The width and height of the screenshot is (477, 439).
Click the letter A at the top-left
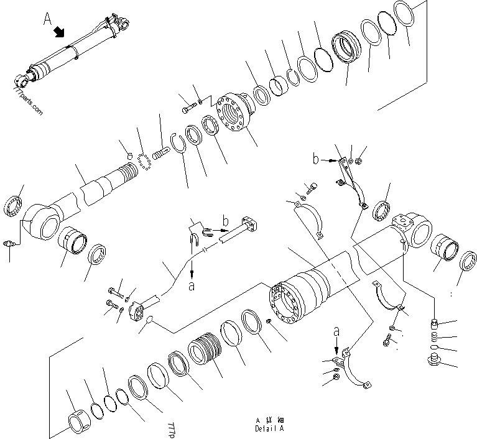[48, 20]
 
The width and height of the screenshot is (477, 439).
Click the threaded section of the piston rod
[128, 170]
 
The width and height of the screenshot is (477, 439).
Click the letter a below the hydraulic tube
[192, 287]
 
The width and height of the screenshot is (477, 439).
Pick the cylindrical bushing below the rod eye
[74, 240]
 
